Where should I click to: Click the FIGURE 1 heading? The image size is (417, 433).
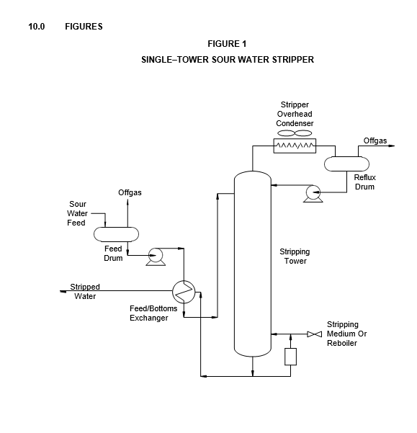(227, 44)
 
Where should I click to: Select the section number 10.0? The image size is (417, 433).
(37, 27)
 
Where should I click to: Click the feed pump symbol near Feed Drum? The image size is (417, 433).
(156, 256)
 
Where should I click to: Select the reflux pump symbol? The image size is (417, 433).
(313, 194)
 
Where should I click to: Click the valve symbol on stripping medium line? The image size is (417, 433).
(315, 334)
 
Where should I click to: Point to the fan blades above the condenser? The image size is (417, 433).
(295, 133)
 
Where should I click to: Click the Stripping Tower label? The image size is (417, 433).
(295, 256)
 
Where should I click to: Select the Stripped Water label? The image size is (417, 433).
(85, 292)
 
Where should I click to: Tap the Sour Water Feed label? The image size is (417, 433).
(77, 213)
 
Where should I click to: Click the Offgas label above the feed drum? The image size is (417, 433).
(130, 192)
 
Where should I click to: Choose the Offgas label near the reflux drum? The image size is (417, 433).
(375, 140)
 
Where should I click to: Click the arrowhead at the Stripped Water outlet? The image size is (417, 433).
(63, 291)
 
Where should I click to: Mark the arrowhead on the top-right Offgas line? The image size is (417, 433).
(392, 146)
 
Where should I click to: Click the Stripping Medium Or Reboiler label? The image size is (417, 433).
(347, 334)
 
